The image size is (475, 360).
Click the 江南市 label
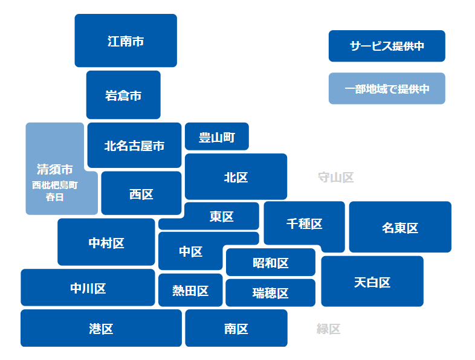pos(126,42)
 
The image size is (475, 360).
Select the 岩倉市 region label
pos(123,95)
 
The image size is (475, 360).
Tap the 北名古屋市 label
pos(134,146)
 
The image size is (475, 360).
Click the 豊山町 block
pos(216,137)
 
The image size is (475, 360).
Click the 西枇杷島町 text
pos(55,185)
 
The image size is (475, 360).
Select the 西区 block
pos(141,194)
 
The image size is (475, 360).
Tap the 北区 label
pos(236,177)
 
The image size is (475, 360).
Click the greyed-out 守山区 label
pos(335,177)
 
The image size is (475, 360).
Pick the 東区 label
pos(222,216)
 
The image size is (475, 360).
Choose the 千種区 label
pos(305,224)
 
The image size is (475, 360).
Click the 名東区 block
pos(400,228)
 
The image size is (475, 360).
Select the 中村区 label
pos(106,243)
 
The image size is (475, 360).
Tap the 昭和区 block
pos(270,263)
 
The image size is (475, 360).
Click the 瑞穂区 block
pos(270,293)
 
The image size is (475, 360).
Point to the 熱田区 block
pos(190,291)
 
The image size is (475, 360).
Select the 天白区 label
pos(372,282)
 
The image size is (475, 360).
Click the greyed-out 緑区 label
pos(329,329)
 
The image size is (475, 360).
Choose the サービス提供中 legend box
pos(387,46)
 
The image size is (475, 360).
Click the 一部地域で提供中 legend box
pos(387,89)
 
